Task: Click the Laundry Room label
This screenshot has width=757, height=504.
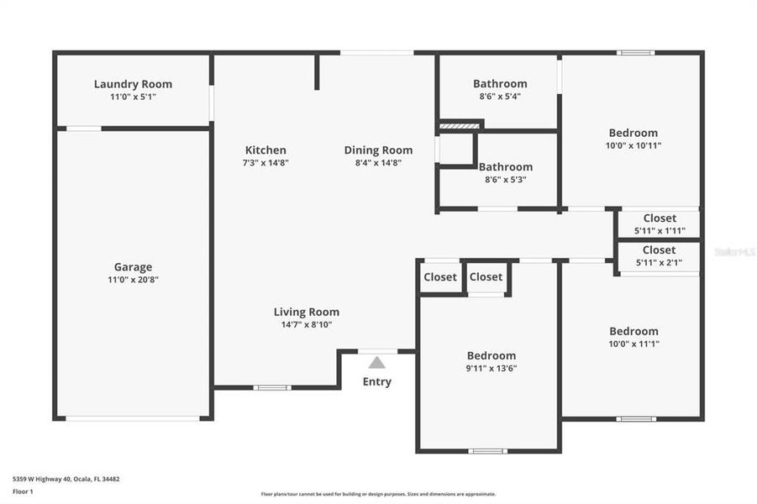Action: (133, 84)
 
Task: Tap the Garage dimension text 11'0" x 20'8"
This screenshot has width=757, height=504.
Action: (133, 280)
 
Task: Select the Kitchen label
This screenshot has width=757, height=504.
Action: (265, 150)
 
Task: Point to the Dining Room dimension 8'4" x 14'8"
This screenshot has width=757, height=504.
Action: (378, 163)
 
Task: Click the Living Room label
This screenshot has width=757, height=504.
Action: (307, 312)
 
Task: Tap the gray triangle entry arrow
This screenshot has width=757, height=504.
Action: (377, 363)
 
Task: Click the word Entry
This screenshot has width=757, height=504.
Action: (377, 382)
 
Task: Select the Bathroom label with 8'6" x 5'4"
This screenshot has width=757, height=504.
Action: (500, 84)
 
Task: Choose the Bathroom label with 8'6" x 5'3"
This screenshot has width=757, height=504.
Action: (505, 167)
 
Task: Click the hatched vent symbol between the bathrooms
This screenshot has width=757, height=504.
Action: (460, 125)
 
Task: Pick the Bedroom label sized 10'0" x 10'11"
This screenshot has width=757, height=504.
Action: (633, 133)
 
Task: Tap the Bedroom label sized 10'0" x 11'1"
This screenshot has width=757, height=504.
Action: (633, 331)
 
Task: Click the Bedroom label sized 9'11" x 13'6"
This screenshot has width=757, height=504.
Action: (491, 355)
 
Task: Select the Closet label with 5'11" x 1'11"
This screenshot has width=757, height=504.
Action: (659, 218)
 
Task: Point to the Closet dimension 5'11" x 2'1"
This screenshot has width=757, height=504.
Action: (659, 262)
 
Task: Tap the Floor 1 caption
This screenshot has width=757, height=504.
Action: (24, 492)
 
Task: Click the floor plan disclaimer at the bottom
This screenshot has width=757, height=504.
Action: (378, 494)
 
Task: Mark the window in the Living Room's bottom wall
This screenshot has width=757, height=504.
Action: (271, 387)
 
